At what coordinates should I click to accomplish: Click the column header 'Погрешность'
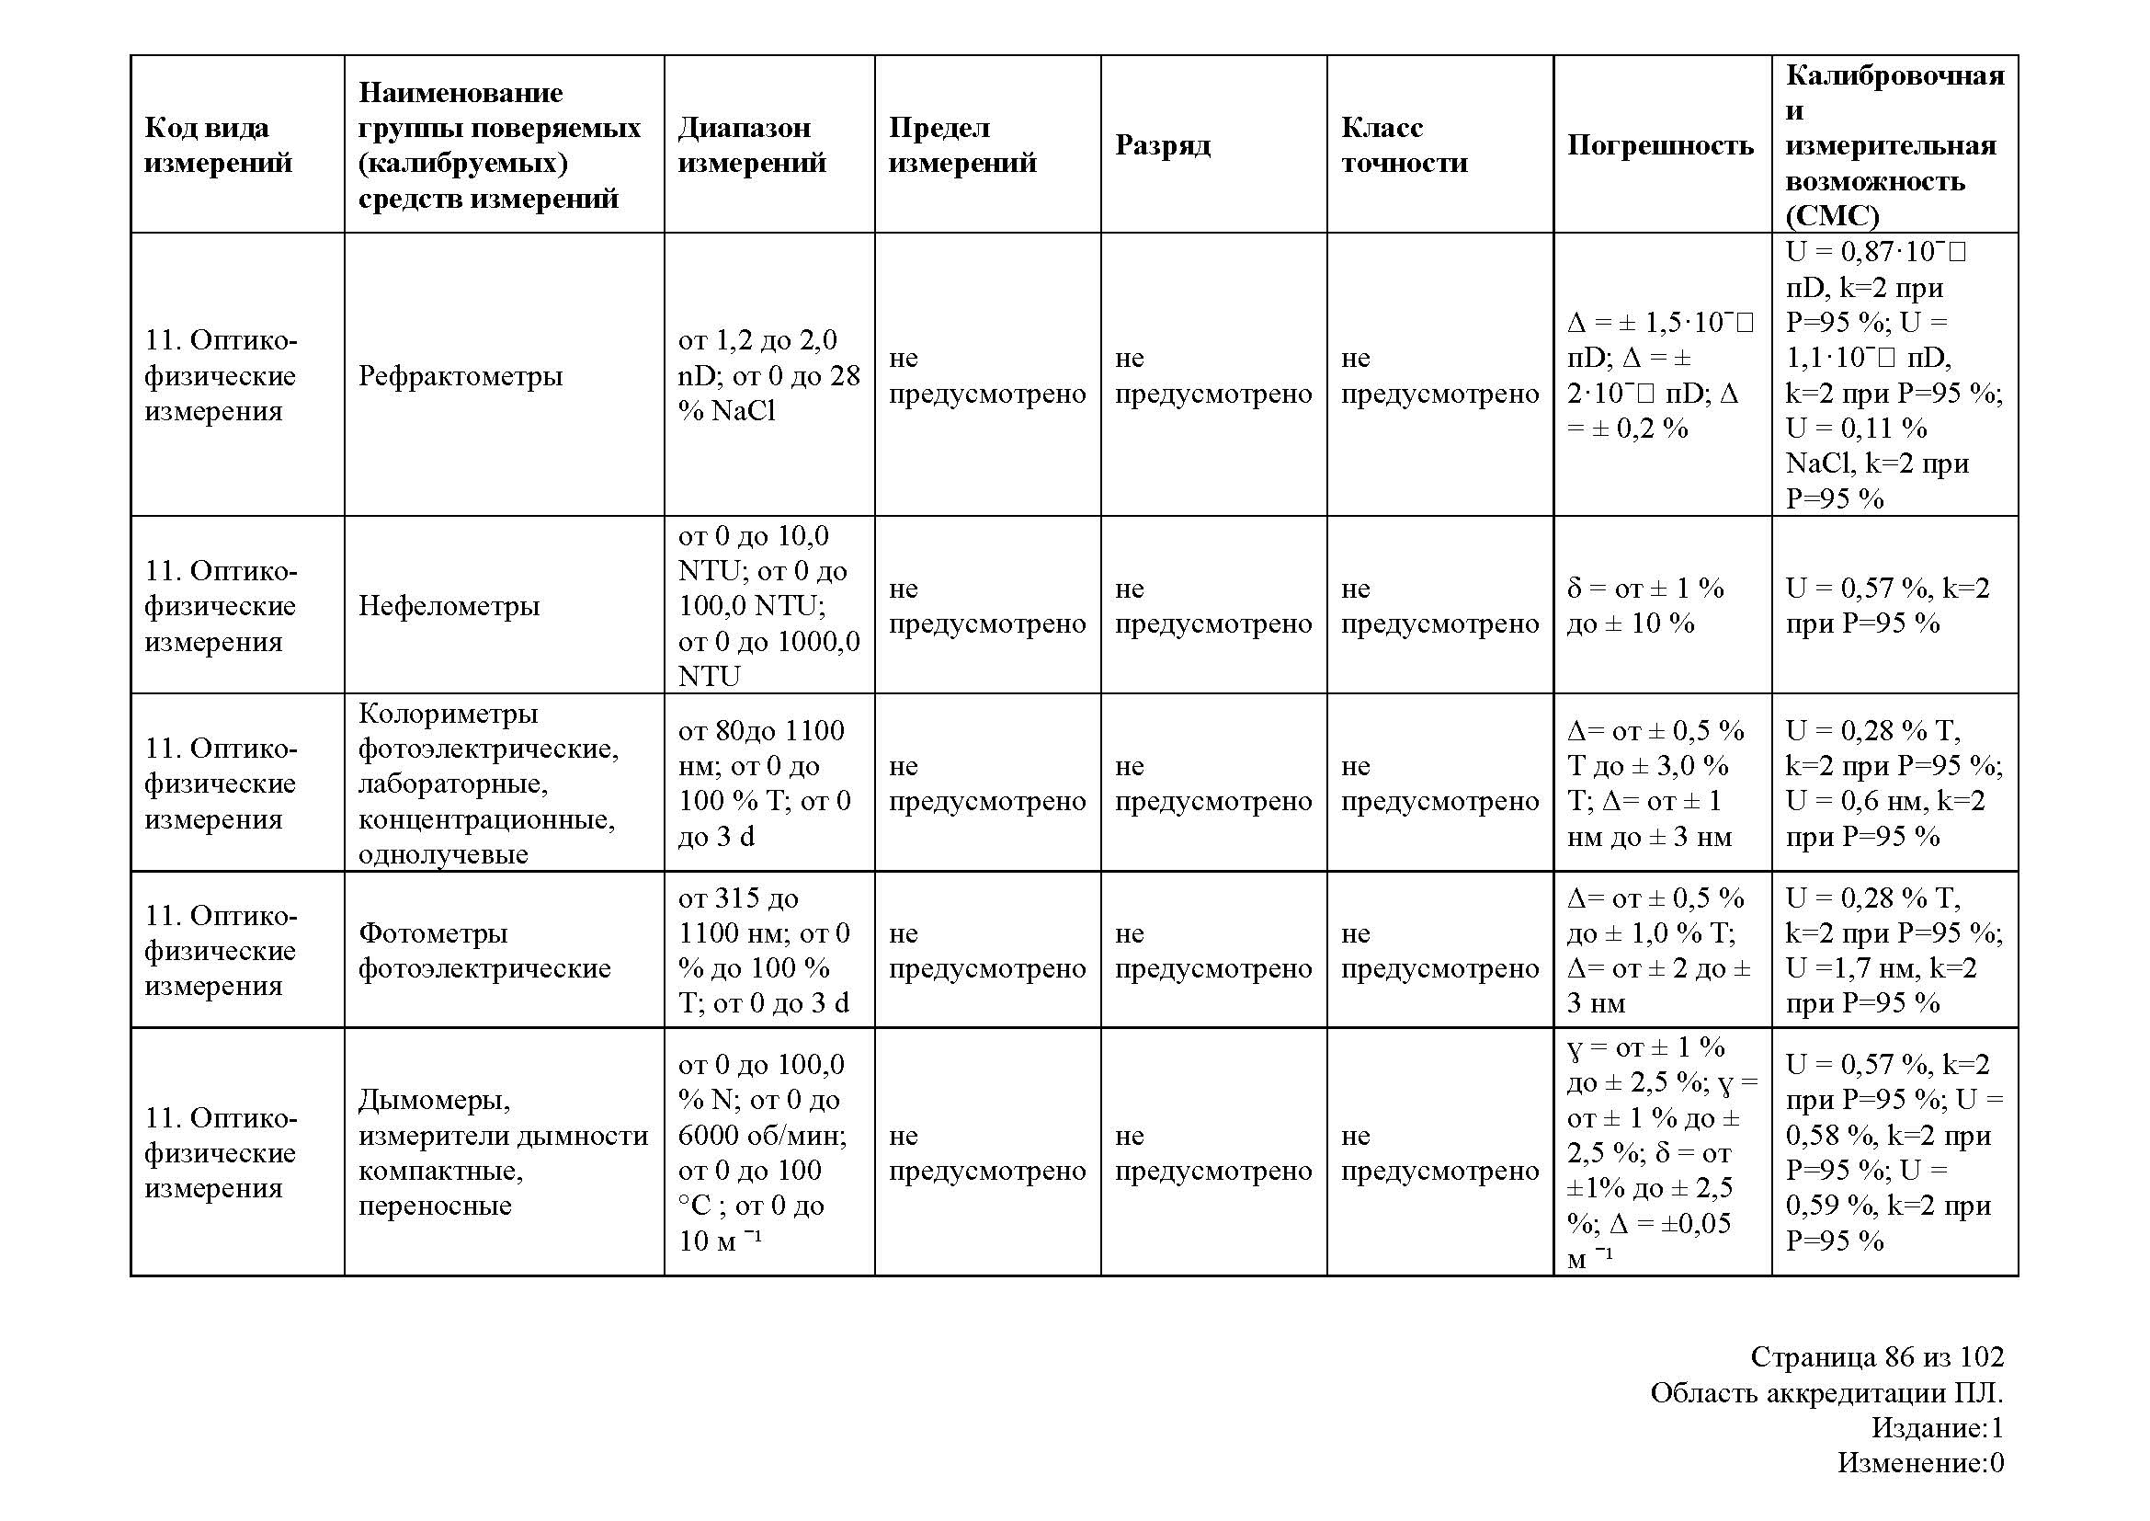pos(1660,145)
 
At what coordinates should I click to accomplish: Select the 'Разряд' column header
pos(1162,145)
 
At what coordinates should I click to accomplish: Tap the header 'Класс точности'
pos(1404,145)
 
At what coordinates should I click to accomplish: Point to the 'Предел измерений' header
pos(962,145)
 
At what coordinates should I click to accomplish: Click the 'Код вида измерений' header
pos(218,145)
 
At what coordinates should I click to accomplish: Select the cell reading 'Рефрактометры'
pos(461,375)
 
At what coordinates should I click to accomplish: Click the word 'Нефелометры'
pos(449,606)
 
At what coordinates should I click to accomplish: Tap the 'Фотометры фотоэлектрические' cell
pos(484,951)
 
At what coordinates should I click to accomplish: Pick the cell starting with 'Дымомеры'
pos(503,1152)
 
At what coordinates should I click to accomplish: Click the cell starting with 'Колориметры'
pos(487,783)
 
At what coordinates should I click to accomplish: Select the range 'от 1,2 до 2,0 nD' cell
pos(768,375)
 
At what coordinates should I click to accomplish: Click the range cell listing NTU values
pos(768,606)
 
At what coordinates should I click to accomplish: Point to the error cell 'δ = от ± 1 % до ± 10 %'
pos(1645,606)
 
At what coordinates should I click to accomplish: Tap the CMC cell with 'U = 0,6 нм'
pos(1894,783)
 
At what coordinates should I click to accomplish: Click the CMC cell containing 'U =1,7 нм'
pos(1894,951)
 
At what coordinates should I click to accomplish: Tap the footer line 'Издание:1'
pos(1937,1427)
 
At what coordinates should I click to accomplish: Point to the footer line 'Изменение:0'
pos(1919,1462)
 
